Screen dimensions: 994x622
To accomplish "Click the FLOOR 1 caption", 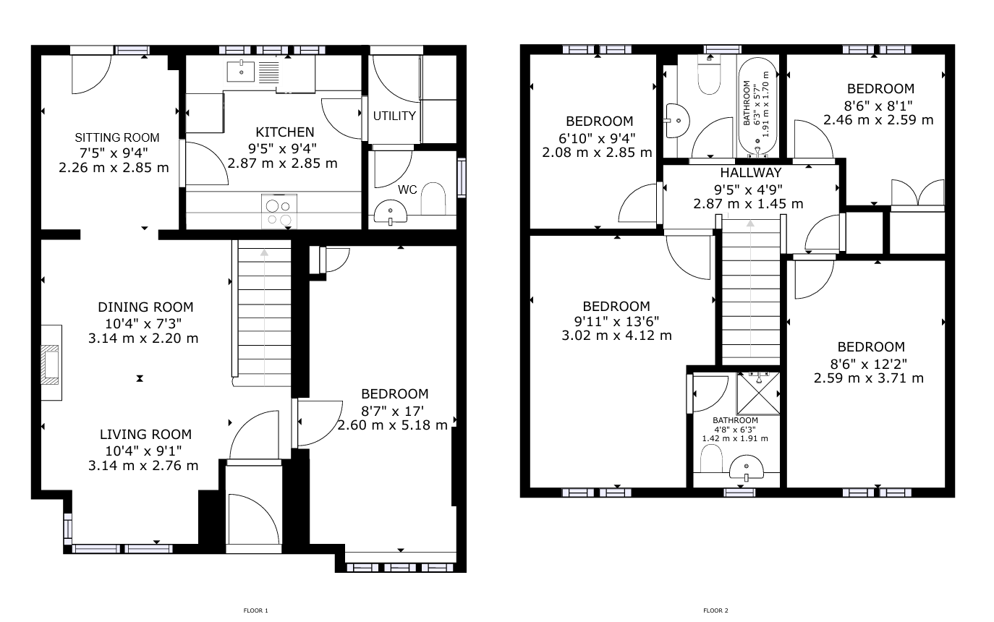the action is pos(255,610).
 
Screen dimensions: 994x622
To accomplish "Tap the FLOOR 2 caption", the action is pos(715,610).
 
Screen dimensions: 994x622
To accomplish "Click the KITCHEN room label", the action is pos(285,132).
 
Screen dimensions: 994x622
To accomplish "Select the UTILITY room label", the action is pos(394,116).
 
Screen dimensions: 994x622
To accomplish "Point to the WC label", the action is pos(407,190).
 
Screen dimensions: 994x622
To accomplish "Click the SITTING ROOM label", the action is pos(116,137).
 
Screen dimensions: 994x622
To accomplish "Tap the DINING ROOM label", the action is pos(145,307).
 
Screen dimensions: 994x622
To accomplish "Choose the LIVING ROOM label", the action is pos(145,435).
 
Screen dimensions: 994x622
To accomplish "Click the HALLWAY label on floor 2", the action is pos(751,173).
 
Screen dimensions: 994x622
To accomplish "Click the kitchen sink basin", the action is pos(241,72).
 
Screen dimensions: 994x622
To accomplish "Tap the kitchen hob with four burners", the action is pos(279,212).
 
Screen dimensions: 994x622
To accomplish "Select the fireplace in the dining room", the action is pos(51,364).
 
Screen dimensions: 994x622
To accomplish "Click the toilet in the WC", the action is pos(433,198).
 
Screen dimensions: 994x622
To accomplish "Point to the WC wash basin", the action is pos(391,212).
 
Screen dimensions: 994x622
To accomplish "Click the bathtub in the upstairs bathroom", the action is pos(758,107).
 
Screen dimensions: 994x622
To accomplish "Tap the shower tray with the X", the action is pos(758,393).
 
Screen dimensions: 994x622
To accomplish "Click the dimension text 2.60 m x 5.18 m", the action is pos(392,425).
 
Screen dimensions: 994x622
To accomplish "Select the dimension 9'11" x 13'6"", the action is pos(617,320).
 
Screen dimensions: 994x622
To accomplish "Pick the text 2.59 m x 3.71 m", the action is pos(868,378).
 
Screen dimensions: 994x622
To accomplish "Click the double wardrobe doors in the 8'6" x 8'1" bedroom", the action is pos(917,192).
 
